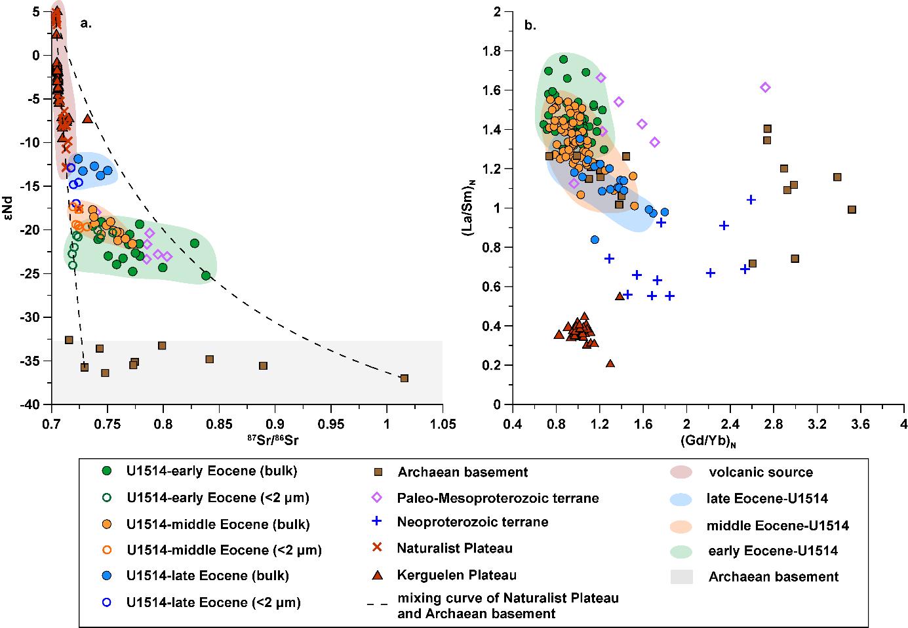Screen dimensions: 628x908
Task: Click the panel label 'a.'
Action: tap(86, 24)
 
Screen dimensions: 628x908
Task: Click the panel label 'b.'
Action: tap(530, 26)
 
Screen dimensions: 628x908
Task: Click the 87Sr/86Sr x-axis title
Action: tap(247, 442)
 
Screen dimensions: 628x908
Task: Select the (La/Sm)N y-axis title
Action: tap(469, 208)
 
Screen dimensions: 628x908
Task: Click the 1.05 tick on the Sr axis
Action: tap(443, 425)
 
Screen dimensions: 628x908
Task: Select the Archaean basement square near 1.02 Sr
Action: tap(405, 378)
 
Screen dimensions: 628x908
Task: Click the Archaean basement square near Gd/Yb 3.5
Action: tap(852, 210)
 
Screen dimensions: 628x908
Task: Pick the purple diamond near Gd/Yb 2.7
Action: tap(764, 87)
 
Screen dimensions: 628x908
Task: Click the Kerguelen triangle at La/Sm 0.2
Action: tap(610, 363)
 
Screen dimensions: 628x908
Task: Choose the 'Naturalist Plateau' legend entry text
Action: tap(454, 549)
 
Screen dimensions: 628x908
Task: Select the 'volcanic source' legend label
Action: tap(760, 472)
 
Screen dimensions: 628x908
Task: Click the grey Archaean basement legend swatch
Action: tap(684, 577)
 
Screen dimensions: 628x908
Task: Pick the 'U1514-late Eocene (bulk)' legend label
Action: tap(208, 576)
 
